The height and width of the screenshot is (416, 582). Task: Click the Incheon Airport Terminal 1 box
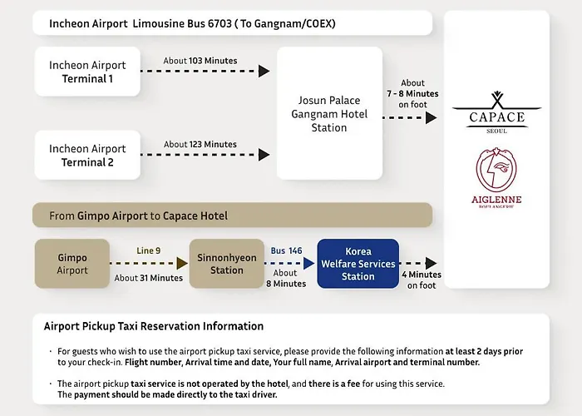pos(87,72)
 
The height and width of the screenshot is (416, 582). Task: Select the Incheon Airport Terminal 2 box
pos(87,155)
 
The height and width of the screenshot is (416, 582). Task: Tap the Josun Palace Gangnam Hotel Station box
pos(329,113)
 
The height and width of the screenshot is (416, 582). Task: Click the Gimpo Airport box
pos(72,264)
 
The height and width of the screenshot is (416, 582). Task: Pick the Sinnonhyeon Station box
pos(227,264)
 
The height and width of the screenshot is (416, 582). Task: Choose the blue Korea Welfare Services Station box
pos(358,264)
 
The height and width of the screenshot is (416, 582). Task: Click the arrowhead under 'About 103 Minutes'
pos(264,71)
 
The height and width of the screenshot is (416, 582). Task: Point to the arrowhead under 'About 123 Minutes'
pos(264,155)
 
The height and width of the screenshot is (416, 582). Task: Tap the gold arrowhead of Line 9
pos(182,264)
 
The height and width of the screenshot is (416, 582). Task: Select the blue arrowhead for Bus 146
pos(308,264)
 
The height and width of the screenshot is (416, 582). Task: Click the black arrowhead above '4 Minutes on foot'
pos(431,264)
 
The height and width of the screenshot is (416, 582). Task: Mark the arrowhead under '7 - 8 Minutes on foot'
pos(431,118)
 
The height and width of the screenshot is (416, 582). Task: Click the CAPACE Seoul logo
pos(496,112)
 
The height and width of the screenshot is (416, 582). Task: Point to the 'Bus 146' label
pos(286,250)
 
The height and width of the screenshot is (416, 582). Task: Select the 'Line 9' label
pos(149,250)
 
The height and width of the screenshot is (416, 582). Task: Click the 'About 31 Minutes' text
pos(149,278)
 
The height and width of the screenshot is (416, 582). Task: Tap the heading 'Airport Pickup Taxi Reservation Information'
pos(154,326)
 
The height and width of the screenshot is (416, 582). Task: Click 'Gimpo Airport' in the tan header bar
pos(112,215)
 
